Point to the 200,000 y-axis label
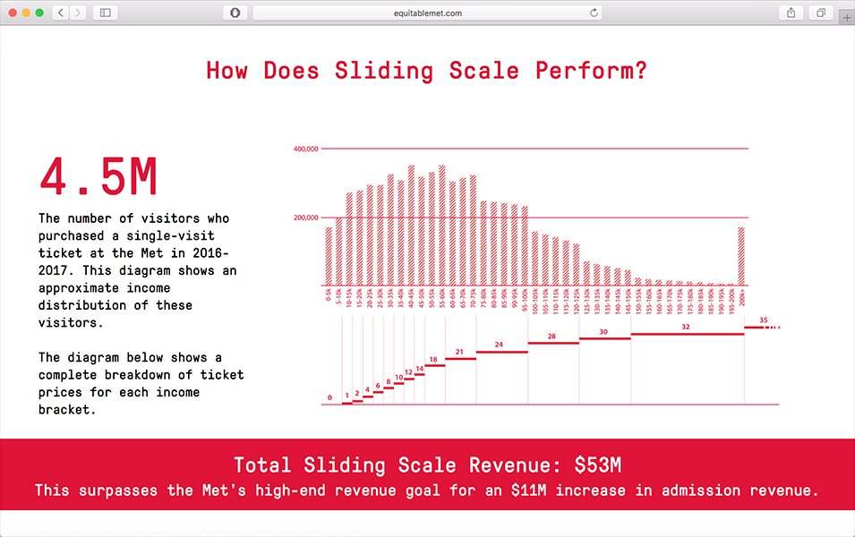coord(306,217)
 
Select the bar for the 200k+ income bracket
coord(741,255)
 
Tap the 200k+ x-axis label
coord(742,294)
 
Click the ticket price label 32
coord(686,328)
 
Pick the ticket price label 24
coord(499,345)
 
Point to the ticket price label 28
coord(551,337)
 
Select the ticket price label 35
coord(763,320)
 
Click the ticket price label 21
coord(459,353)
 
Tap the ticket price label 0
coord(329,397)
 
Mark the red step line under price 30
coord(604,338)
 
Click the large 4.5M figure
coord(98,178)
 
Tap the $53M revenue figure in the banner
coord(598,465)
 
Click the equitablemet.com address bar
coord(427,13)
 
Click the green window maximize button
coord(39,13)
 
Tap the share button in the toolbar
coord(791,13)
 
